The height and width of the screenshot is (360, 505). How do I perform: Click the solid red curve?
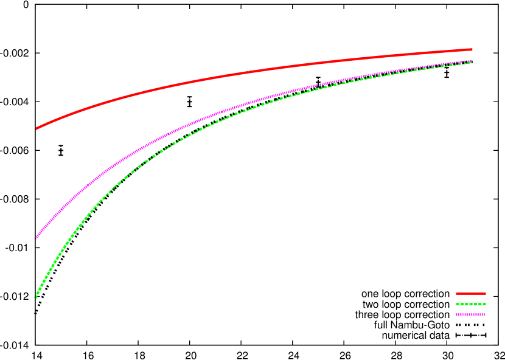(243, 73)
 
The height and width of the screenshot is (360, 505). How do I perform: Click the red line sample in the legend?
(470, 294)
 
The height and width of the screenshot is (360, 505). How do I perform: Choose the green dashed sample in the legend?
(470, 304)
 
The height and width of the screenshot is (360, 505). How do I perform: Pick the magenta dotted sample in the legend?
(470, 314)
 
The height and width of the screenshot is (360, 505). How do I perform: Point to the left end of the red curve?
(37, 128)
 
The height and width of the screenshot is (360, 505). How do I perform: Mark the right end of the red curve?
(472, 49)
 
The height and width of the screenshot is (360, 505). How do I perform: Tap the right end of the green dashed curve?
(472, 63)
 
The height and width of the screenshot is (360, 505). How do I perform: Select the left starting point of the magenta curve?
(36, 237)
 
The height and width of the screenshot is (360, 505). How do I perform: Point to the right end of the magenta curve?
(472, 61)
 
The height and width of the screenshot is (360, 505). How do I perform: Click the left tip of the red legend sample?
(457, 294)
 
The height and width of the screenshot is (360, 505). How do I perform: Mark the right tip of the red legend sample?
(485, 294)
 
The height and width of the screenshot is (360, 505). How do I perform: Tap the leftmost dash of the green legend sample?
(458, 304)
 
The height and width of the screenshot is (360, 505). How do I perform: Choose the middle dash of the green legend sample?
(471, 304)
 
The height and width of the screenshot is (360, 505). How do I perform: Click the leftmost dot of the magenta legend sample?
(457, 314)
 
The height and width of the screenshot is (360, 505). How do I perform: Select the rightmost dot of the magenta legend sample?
(484, 314)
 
